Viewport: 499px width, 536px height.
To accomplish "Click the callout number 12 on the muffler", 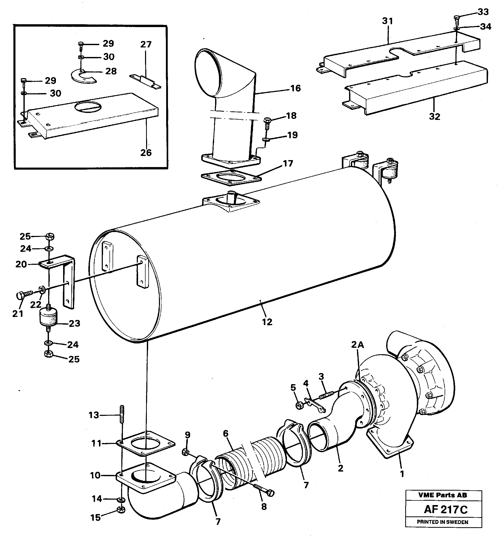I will tap(267, 322).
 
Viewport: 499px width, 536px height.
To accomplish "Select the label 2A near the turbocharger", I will tap(357, 344).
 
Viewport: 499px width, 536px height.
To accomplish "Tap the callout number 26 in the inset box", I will tap(146, 153).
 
